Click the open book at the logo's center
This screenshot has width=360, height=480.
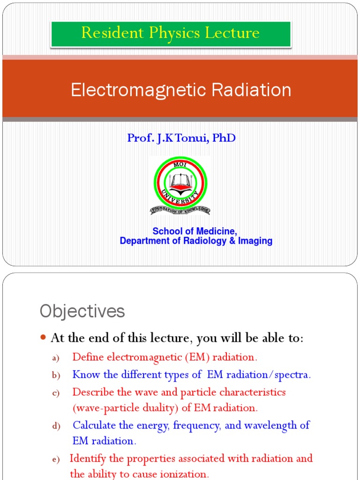pos(180,181)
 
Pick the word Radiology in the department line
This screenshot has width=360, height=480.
pos(206,241)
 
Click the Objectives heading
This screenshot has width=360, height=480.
pos(82,311)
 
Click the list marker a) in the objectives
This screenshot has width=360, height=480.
pos(55,358)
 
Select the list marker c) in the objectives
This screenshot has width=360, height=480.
pos(55,393)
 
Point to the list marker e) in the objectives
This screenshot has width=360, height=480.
pos(55,460)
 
